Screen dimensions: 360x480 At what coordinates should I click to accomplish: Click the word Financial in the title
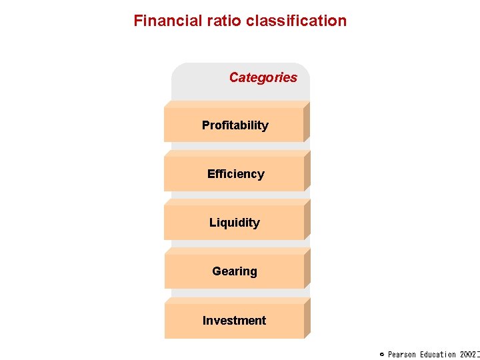point(164,21)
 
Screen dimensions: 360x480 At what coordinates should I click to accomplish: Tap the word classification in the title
point(296,21)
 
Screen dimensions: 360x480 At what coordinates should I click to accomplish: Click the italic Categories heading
point(263,77)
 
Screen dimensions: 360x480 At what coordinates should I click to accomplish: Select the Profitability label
point(235,125)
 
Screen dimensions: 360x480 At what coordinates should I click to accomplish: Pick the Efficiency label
point(235,174)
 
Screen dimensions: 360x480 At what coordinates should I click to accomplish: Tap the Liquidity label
point(234,223)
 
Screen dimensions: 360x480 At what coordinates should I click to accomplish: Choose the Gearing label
point(234,271)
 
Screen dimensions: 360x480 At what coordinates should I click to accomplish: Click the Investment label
point(234,321)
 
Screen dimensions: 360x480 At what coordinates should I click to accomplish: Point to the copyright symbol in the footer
point(382,355)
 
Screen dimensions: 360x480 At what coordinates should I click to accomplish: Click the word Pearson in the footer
point(402,355)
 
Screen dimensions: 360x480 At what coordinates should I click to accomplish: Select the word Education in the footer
point(438,355)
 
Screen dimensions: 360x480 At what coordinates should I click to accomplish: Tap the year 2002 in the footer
point(468,355)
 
